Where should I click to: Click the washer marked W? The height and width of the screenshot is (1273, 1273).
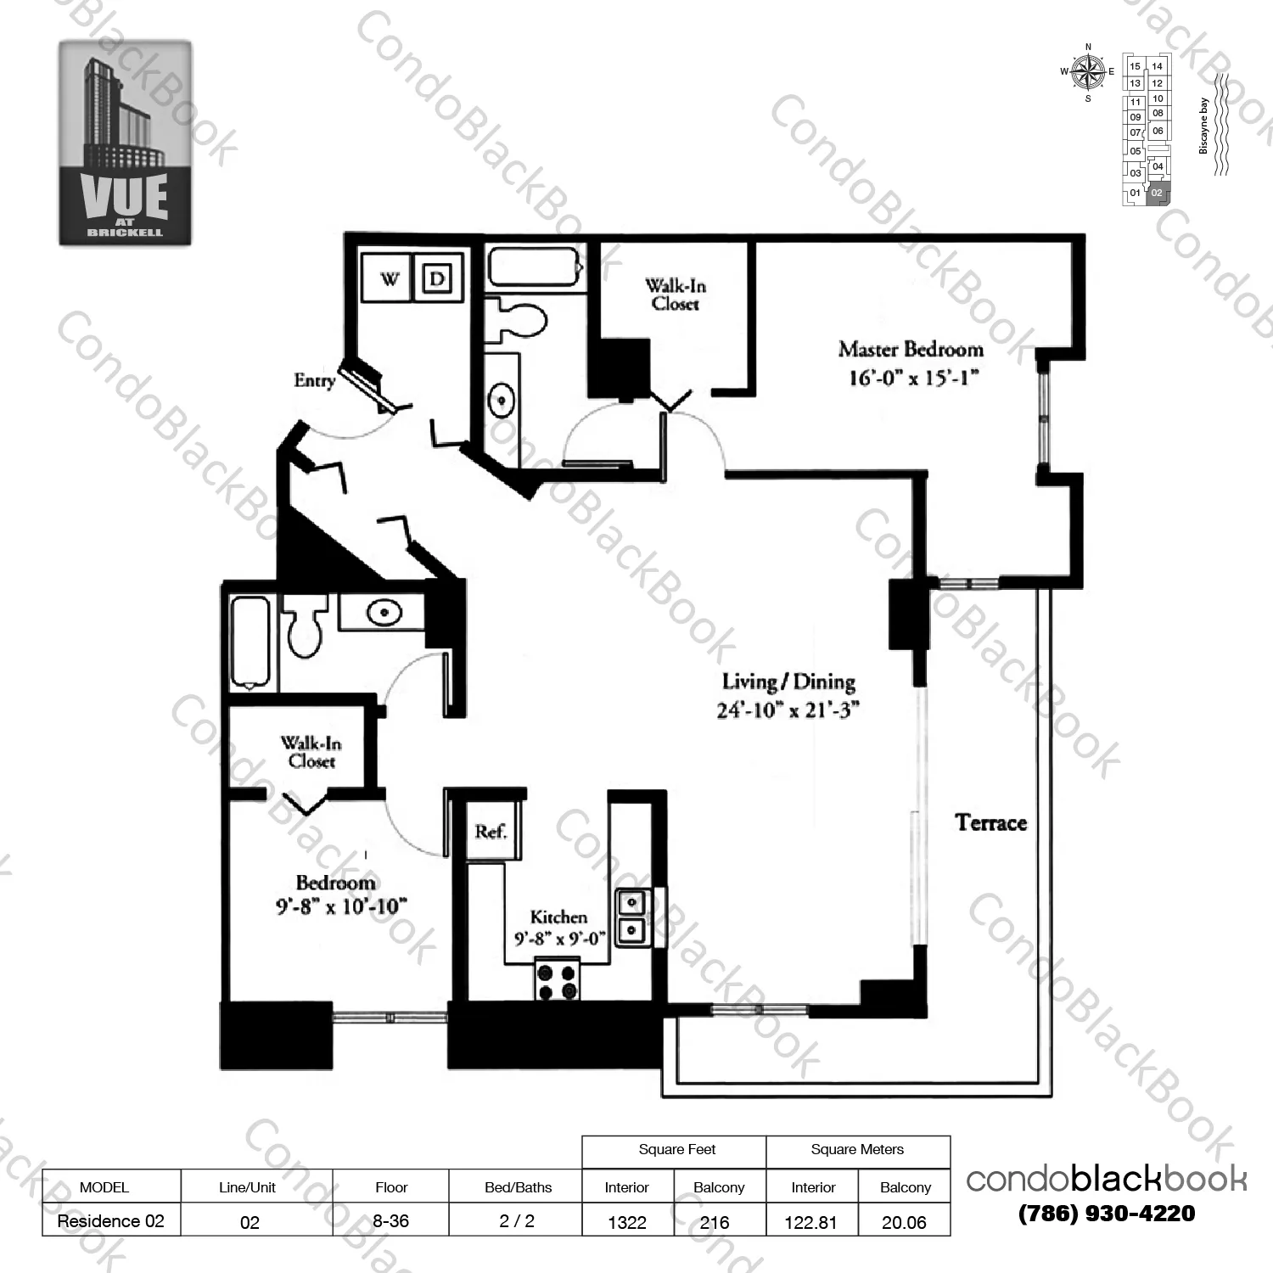click(x=388, y=278)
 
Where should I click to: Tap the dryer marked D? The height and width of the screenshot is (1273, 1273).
click(x=437, y=278)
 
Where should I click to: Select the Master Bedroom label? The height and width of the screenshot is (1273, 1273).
click(x=911, y=350)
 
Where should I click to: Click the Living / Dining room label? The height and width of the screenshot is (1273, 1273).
click(x=788, y=682)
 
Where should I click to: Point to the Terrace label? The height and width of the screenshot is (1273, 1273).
click(x=990, y=822)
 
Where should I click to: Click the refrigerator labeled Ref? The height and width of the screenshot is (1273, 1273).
click(x=491, y=832)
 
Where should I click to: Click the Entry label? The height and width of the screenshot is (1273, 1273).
click(x=314, y=381)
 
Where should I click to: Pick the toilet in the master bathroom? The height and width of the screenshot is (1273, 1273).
click(x=520, y=322)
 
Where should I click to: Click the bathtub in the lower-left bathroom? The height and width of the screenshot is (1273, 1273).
click(x=250, y=642)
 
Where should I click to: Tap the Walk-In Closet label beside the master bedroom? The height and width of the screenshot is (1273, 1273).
click(x=675, y=294)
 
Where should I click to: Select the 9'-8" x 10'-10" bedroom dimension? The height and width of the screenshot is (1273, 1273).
click(x=341, y=906)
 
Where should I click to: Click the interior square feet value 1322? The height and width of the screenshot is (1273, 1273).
click(x=627, y=1222)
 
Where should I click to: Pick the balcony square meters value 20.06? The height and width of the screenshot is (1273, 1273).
click(x=904, y=1222)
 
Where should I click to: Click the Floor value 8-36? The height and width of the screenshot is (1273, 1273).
click(x=390, y=1221)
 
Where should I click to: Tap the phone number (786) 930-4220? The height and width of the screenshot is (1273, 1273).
click(x=1107, y=1214)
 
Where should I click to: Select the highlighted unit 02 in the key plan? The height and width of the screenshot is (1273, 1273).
click(x=1158, y=193)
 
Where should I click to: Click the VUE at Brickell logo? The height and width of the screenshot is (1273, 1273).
click(x=125, y=143)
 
